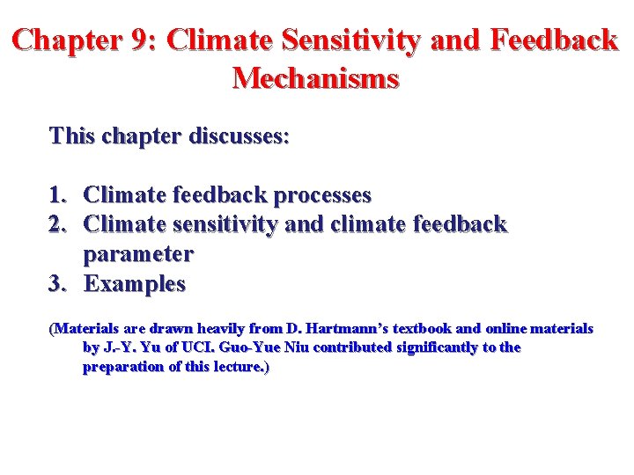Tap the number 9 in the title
(144, 40)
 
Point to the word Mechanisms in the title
(316, 78)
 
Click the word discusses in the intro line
(238, 136)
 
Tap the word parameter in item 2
(138, 254)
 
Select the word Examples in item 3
(135, 284)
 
